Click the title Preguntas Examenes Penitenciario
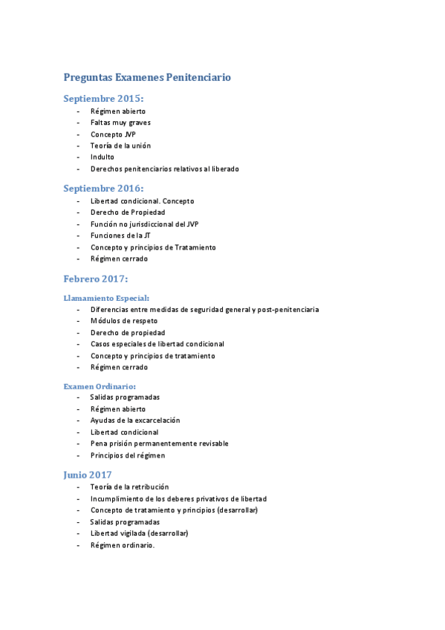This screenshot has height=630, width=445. coord(147,77)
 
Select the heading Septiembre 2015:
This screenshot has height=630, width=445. coord(103,98)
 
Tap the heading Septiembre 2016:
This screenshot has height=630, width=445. coord(103,188)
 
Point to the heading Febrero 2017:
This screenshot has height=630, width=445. coord(96,279)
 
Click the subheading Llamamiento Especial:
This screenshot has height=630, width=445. coord(106,297)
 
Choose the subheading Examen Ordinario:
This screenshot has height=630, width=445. coord(100,386)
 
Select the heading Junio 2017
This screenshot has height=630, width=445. coord(88,474)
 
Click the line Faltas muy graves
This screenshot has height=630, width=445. coord(121,123)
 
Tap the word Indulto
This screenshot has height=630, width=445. coord(103,157)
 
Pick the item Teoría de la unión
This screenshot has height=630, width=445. coord(120,146)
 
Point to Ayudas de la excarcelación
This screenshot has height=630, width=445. coord(135,420)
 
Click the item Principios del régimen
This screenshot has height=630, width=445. coord(128,455)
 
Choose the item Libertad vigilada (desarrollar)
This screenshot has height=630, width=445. coord(140,533)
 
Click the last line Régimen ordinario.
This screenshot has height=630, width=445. coord(123,545)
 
